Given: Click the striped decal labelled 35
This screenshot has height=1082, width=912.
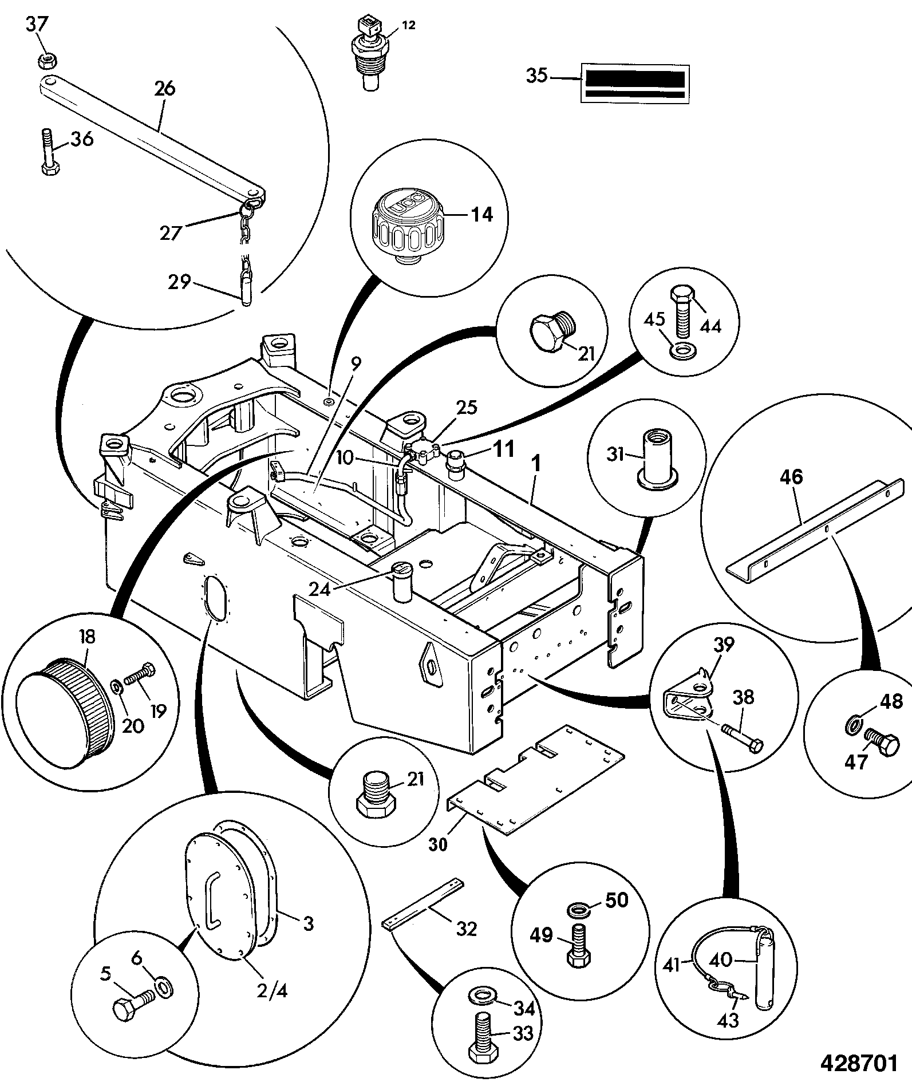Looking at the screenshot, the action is (635, 84).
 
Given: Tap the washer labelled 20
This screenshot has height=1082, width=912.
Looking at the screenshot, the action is (115, 685).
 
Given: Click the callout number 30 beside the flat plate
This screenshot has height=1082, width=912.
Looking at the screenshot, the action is (439, 843).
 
